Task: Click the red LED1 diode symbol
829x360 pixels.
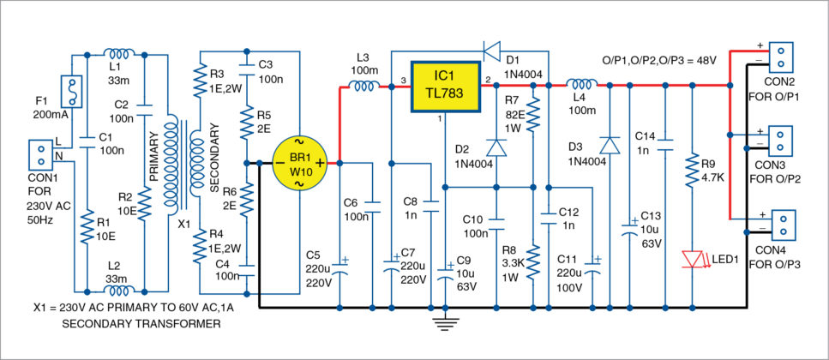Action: (x=692, y=257)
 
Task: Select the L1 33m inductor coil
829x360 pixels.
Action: (x=117, y=53)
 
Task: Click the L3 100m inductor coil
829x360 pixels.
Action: (x=363, y=85)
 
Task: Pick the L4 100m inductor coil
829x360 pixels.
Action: (x=583, y=85)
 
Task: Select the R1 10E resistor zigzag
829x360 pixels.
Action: (x=87, y=229)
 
